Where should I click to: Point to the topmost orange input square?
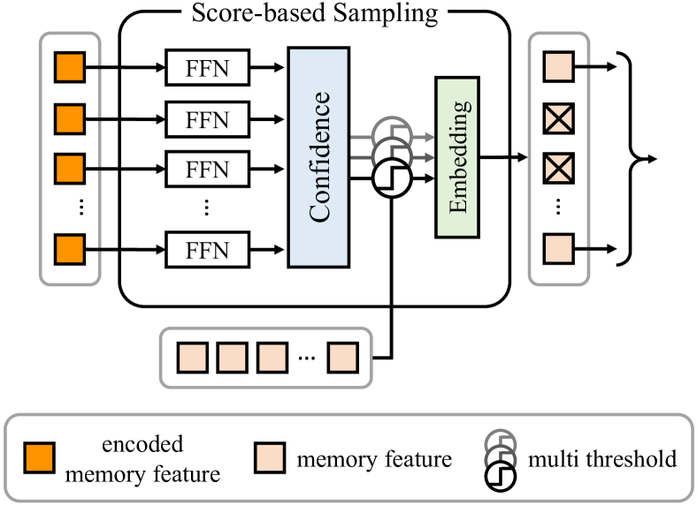point(69,65)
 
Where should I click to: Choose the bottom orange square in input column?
point(69,249)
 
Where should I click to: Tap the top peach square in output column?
point(558,65)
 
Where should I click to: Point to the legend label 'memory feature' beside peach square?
point(375,458)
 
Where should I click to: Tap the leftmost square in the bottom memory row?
point(194,358)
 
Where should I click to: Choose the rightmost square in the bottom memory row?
point(341,358)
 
